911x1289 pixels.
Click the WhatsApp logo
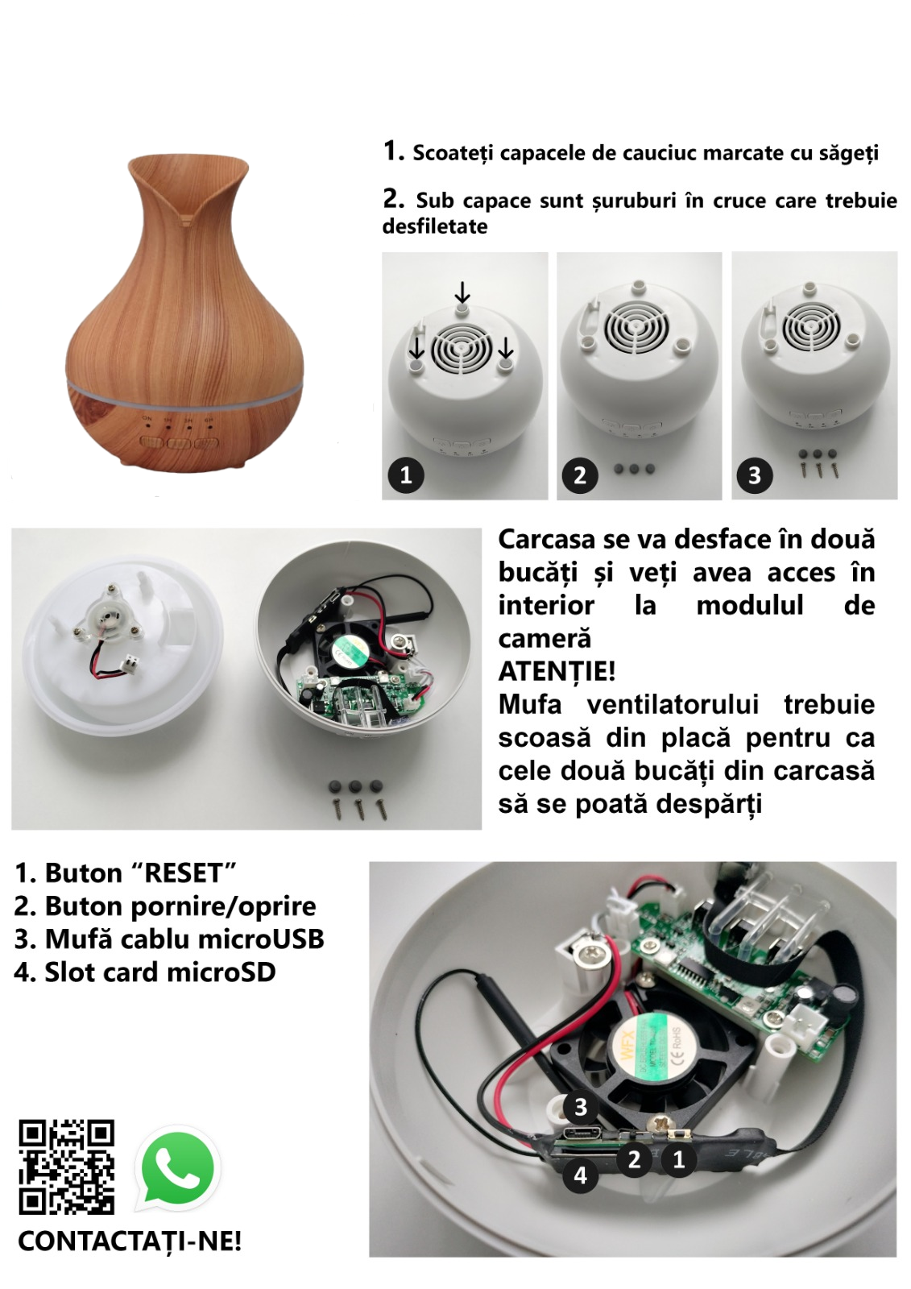tap(177, 1169)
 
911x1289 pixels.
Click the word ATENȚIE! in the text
tap(557, 672)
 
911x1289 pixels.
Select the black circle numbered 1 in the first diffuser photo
tap(406, 475)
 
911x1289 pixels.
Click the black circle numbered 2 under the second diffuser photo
tap(580, 475)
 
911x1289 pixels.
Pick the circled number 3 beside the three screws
tap(755, 475)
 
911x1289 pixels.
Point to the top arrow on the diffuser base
tap(462, 292)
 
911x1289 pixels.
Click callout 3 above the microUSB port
tap(580, 1107)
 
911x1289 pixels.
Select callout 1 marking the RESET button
tap(679, 1159)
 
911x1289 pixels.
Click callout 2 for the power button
tap(634, 1159)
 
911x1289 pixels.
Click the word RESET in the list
tap(184, 873)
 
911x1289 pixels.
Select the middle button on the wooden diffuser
tap(179, 444)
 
